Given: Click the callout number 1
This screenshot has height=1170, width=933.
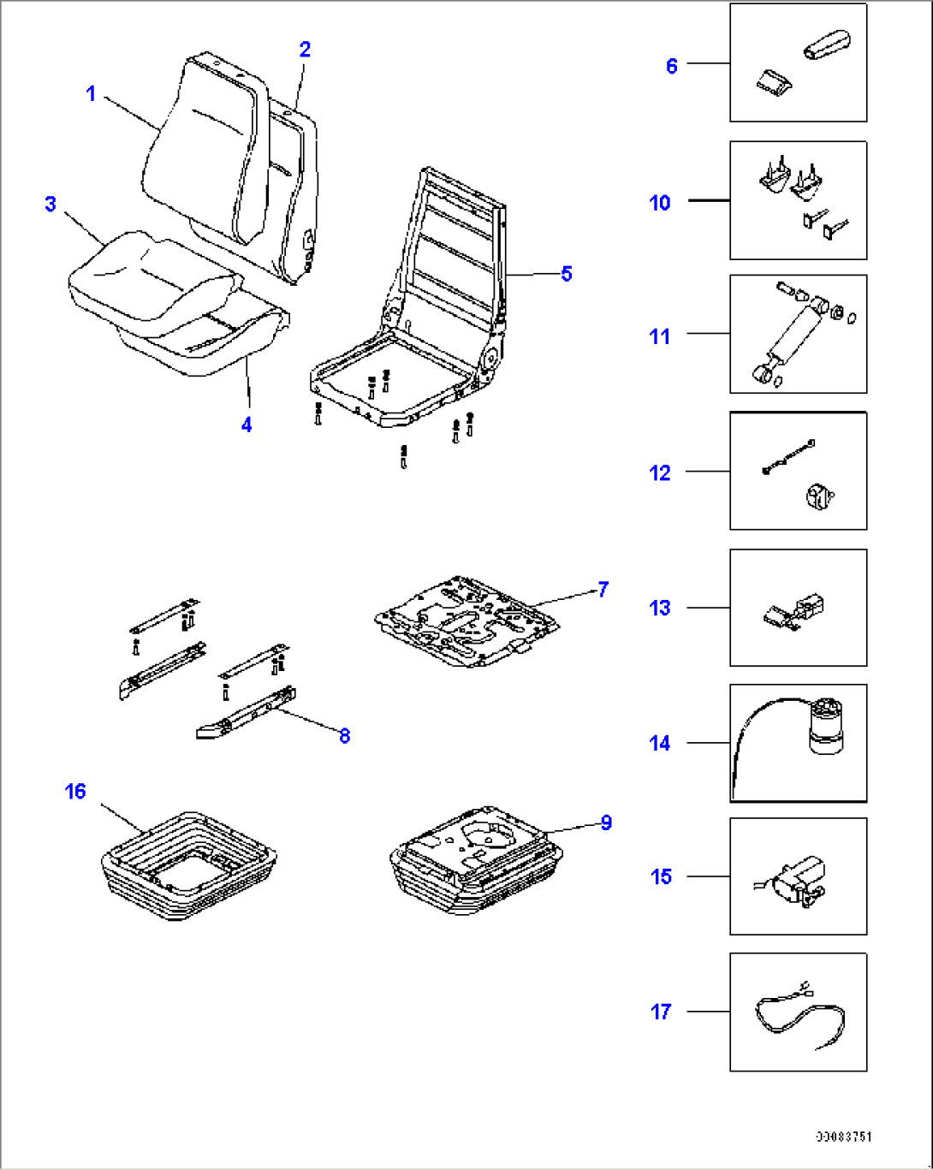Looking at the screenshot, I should coord(92,93).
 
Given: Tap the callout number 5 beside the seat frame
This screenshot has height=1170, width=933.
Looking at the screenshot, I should coord(566,274).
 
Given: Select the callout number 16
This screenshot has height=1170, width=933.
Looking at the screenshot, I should coord(75,791).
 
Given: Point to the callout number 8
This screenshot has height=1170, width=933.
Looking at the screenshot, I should coord(344,736).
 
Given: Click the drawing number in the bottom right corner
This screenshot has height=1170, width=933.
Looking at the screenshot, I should coord(843,1137).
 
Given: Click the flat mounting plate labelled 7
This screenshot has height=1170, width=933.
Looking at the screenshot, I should coord(466,621).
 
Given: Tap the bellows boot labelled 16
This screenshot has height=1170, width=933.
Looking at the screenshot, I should coord(188,864).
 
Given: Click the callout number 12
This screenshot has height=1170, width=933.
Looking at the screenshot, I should coord(660,472).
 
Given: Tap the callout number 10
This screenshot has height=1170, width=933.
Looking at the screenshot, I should coord(660,203).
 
